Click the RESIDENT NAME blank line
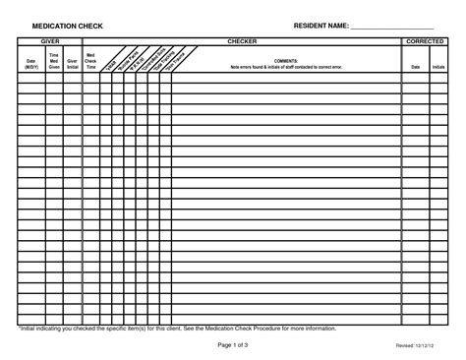(392, 27)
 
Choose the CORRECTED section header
(427, 43)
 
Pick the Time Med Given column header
(54, 62)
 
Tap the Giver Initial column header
(72, 65)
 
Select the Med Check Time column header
(90, 62)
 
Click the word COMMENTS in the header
(286, 61)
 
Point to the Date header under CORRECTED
(413, 67)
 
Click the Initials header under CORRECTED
(438, 67)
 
